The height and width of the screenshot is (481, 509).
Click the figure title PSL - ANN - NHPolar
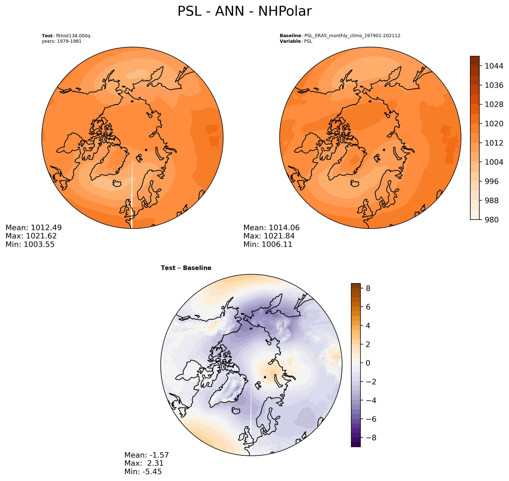[244, 12]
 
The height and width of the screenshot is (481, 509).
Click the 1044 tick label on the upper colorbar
[494, 66]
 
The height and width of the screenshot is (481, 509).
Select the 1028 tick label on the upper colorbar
[494, 104]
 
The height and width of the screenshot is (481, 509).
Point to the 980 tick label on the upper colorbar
[491, 220]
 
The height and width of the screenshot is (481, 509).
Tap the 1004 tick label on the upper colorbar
[494, 162]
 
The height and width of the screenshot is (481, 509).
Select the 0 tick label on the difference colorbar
[368, 363]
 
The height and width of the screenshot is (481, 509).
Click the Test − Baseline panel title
[186, 268]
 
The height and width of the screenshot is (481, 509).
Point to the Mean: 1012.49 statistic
[34, 228]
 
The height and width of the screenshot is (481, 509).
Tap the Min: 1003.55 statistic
[30, 244]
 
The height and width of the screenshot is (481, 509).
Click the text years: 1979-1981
[62, 41]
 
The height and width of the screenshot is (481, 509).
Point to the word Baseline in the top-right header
[290, 36]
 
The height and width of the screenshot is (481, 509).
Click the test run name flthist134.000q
[73, 36]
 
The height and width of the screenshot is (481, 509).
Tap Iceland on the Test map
[117, 183]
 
